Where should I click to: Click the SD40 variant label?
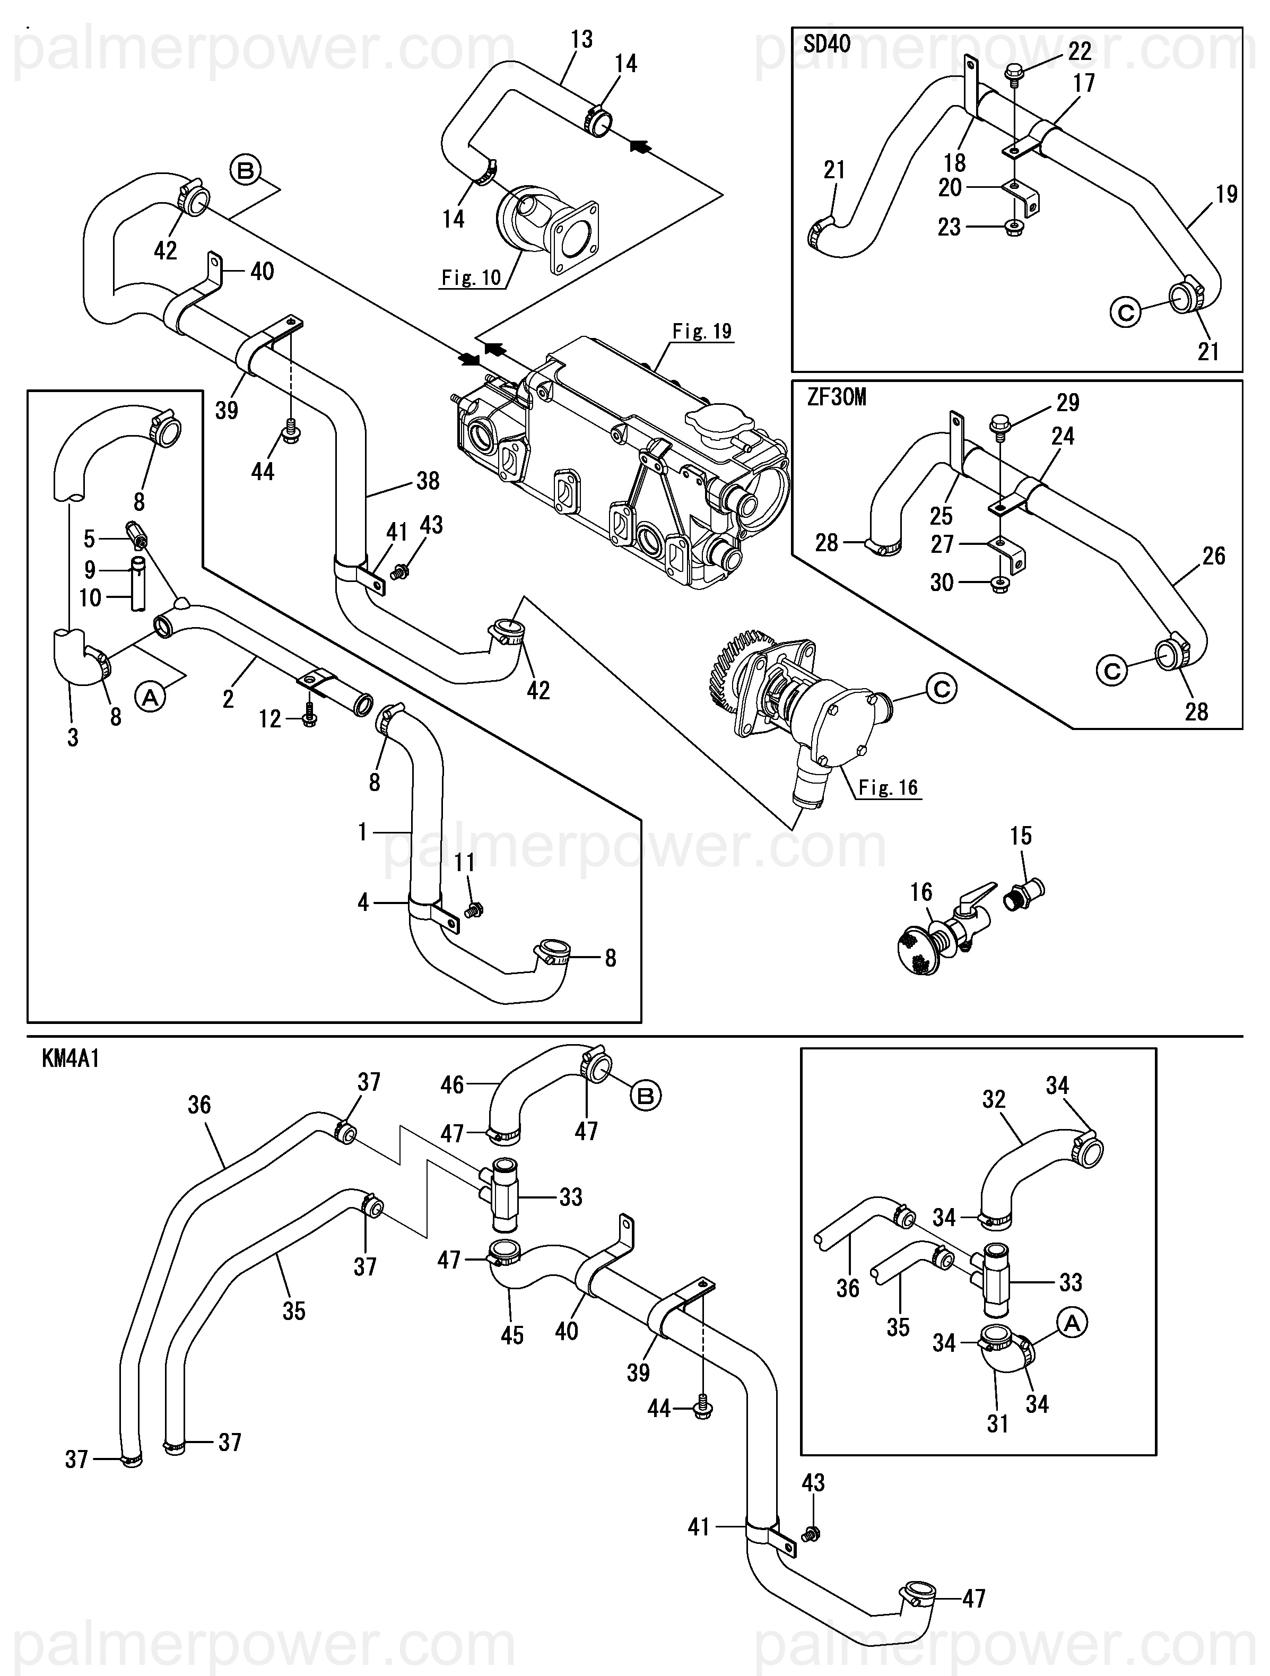(827, 44)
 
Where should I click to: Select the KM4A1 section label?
(71, 1058)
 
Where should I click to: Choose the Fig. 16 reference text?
(888, 788)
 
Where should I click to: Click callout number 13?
(581, 39)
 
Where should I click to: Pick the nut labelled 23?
(1012, 227)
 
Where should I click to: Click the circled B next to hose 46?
(646, 1096)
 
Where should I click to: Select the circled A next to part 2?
(150, 696)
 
